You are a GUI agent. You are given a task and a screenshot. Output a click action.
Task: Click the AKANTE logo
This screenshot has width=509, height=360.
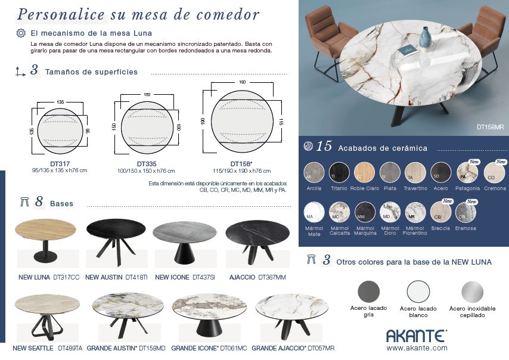point(416,336)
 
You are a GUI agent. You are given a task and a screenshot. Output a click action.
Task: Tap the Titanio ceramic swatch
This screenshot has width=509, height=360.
point(340,172)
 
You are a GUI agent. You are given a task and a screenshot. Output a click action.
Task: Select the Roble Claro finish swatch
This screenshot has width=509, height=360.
point(365,172)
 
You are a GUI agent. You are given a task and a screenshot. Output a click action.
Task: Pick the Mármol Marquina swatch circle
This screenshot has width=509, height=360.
point(365,212)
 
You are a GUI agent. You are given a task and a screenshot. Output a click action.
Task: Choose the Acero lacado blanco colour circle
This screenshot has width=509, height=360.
point(418,292)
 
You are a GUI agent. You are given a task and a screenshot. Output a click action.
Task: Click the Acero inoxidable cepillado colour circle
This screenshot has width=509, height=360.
point(472,292)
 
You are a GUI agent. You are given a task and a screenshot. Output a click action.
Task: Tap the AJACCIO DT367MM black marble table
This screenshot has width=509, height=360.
point(257,241)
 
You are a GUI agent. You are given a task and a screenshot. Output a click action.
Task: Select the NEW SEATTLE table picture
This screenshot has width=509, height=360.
point(46,315)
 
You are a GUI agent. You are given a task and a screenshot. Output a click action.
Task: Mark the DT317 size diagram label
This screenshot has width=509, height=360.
point(60,164)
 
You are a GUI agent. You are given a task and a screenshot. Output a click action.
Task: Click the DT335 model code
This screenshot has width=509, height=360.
point(146,164)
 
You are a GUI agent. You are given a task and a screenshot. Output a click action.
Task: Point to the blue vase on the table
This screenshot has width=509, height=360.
point(425,37)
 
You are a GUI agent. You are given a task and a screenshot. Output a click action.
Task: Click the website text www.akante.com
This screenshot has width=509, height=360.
point(417,347)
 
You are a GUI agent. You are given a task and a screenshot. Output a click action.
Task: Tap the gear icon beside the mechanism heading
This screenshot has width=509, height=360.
point(21,33)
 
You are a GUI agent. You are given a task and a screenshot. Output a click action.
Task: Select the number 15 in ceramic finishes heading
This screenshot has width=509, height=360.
point(324,147)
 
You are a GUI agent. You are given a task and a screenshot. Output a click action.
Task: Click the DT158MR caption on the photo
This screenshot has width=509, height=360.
point(490,127)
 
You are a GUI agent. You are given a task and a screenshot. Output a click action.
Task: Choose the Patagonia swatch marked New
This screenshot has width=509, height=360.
point(467,173)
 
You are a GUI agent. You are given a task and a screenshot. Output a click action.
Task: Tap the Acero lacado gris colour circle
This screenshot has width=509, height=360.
point(368,292)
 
